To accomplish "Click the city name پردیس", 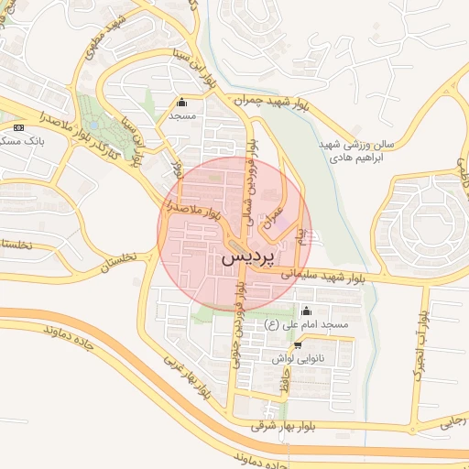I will click(x=248, y=260).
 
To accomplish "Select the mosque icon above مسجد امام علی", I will click(x=305, y=309).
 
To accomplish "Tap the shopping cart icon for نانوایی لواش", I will click(x=297, y=345).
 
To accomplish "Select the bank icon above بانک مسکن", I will click(x=20, y=126).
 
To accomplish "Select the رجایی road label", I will click(x=455, y=420).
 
